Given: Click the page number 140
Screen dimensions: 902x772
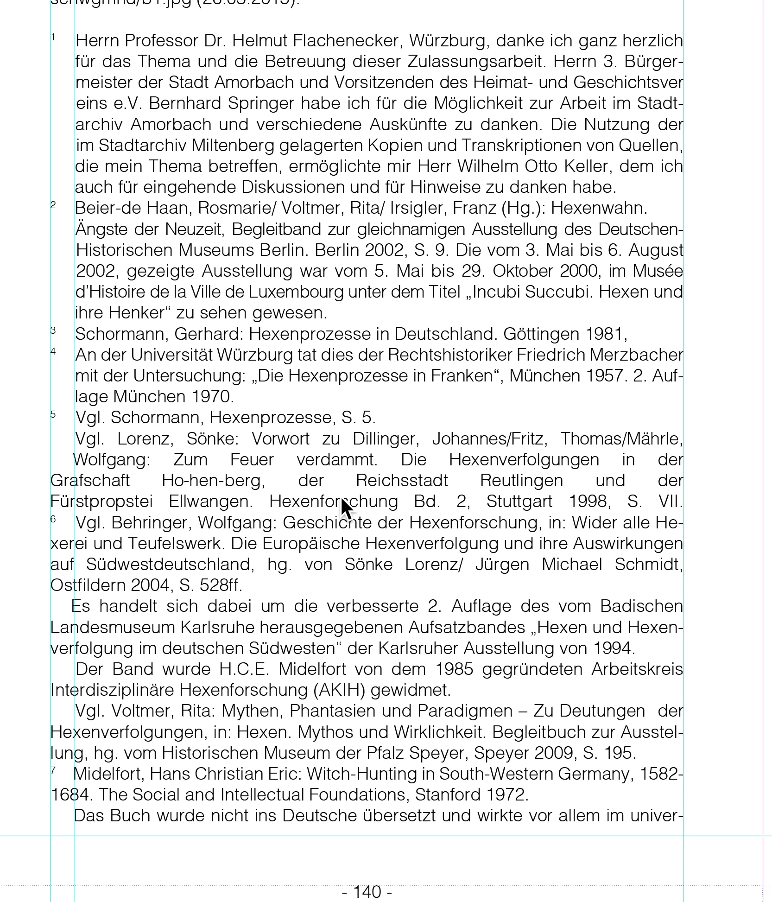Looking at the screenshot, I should pyautogui.click(x=367, y=891).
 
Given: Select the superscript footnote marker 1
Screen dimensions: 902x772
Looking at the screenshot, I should pyautogui.click(x=53, y=38).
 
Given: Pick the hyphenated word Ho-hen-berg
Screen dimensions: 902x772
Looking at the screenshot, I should pyautogui.click(x=213, y=481).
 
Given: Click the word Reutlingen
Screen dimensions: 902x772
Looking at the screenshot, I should pyautogui.click(x=521, y=481).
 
